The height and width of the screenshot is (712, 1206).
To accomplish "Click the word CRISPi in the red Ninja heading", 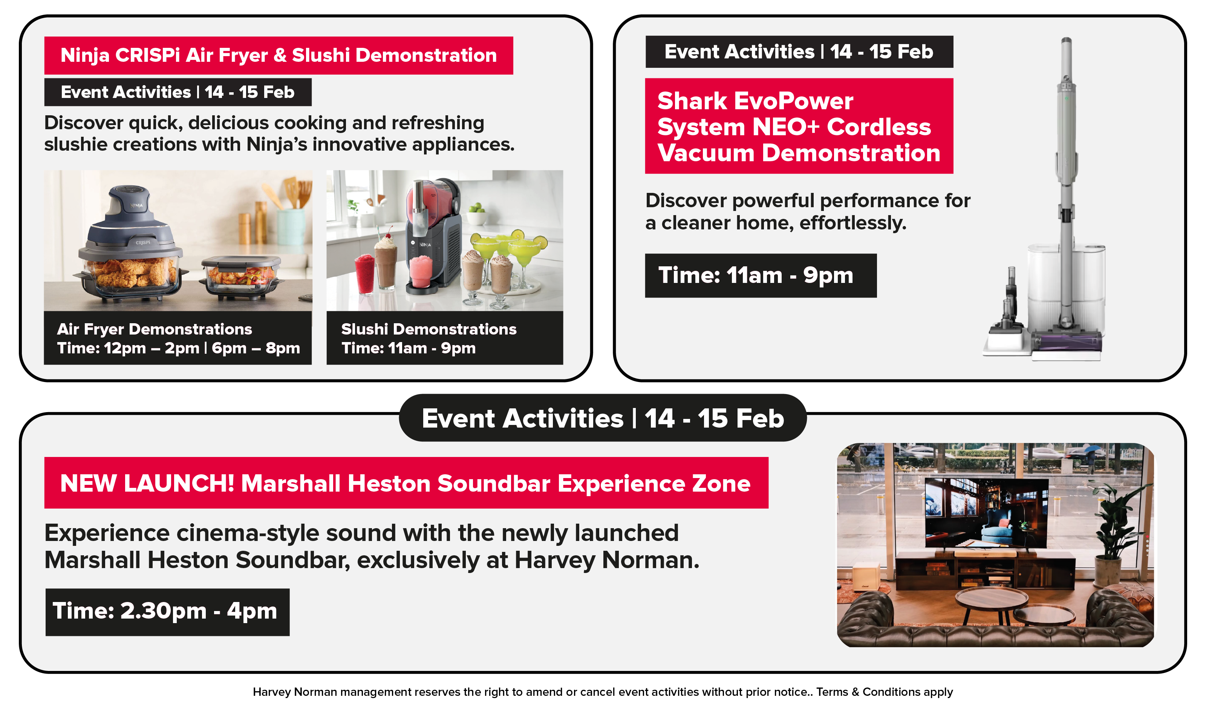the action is pos(148,55).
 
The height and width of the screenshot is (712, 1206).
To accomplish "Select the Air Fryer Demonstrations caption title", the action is pos(155,329).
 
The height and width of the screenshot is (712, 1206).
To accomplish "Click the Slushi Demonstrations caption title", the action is pos(429,329).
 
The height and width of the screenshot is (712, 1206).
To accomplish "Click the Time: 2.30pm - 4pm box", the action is pos(167,612).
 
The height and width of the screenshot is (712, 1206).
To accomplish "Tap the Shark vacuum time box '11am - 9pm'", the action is pos(761,275).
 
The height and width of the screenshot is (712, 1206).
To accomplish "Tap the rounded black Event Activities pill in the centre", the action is pos(603,418).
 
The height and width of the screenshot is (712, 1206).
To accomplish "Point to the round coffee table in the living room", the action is pos(992,601).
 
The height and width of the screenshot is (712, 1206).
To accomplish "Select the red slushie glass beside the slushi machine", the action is pos(365,273).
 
